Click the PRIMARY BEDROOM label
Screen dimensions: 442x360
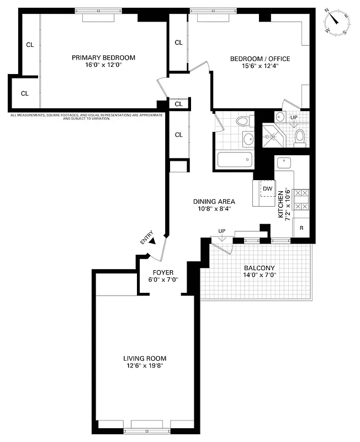[x=103, y=57]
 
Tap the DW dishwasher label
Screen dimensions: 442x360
[x=267, y=189]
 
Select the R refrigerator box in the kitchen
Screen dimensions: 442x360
[x=301, y=228]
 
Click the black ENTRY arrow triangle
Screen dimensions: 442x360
[x=153, y=241]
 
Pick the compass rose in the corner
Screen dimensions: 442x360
[x=337, y=22]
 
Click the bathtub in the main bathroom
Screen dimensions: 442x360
[x=235, y=160]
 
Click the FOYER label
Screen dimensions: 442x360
[x=163, y=272]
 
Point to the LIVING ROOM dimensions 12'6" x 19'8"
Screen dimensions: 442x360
[x=145, y=365]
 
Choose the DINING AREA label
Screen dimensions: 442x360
[x=214, y=202]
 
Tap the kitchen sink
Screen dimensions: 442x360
[x=285, y=163]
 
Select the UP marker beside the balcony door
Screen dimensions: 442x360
[x=221, y=231]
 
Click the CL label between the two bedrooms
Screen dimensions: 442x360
[x=178, y=43]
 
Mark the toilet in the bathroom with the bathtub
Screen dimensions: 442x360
[x=241, y=121]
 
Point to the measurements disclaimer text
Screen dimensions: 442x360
[x=87, y=116]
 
